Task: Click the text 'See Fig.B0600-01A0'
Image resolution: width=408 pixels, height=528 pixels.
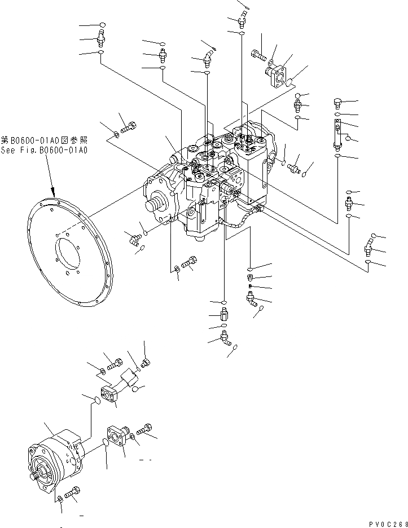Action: tap(44, 150)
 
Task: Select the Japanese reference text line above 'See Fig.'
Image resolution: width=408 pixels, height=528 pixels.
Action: tap(44, 140)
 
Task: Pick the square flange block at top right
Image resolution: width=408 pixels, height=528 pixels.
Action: tap(277, 75)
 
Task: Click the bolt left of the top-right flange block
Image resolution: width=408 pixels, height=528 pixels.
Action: tap(257, 55)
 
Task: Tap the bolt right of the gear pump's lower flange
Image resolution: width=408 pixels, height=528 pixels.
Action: tap(144, 430)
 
